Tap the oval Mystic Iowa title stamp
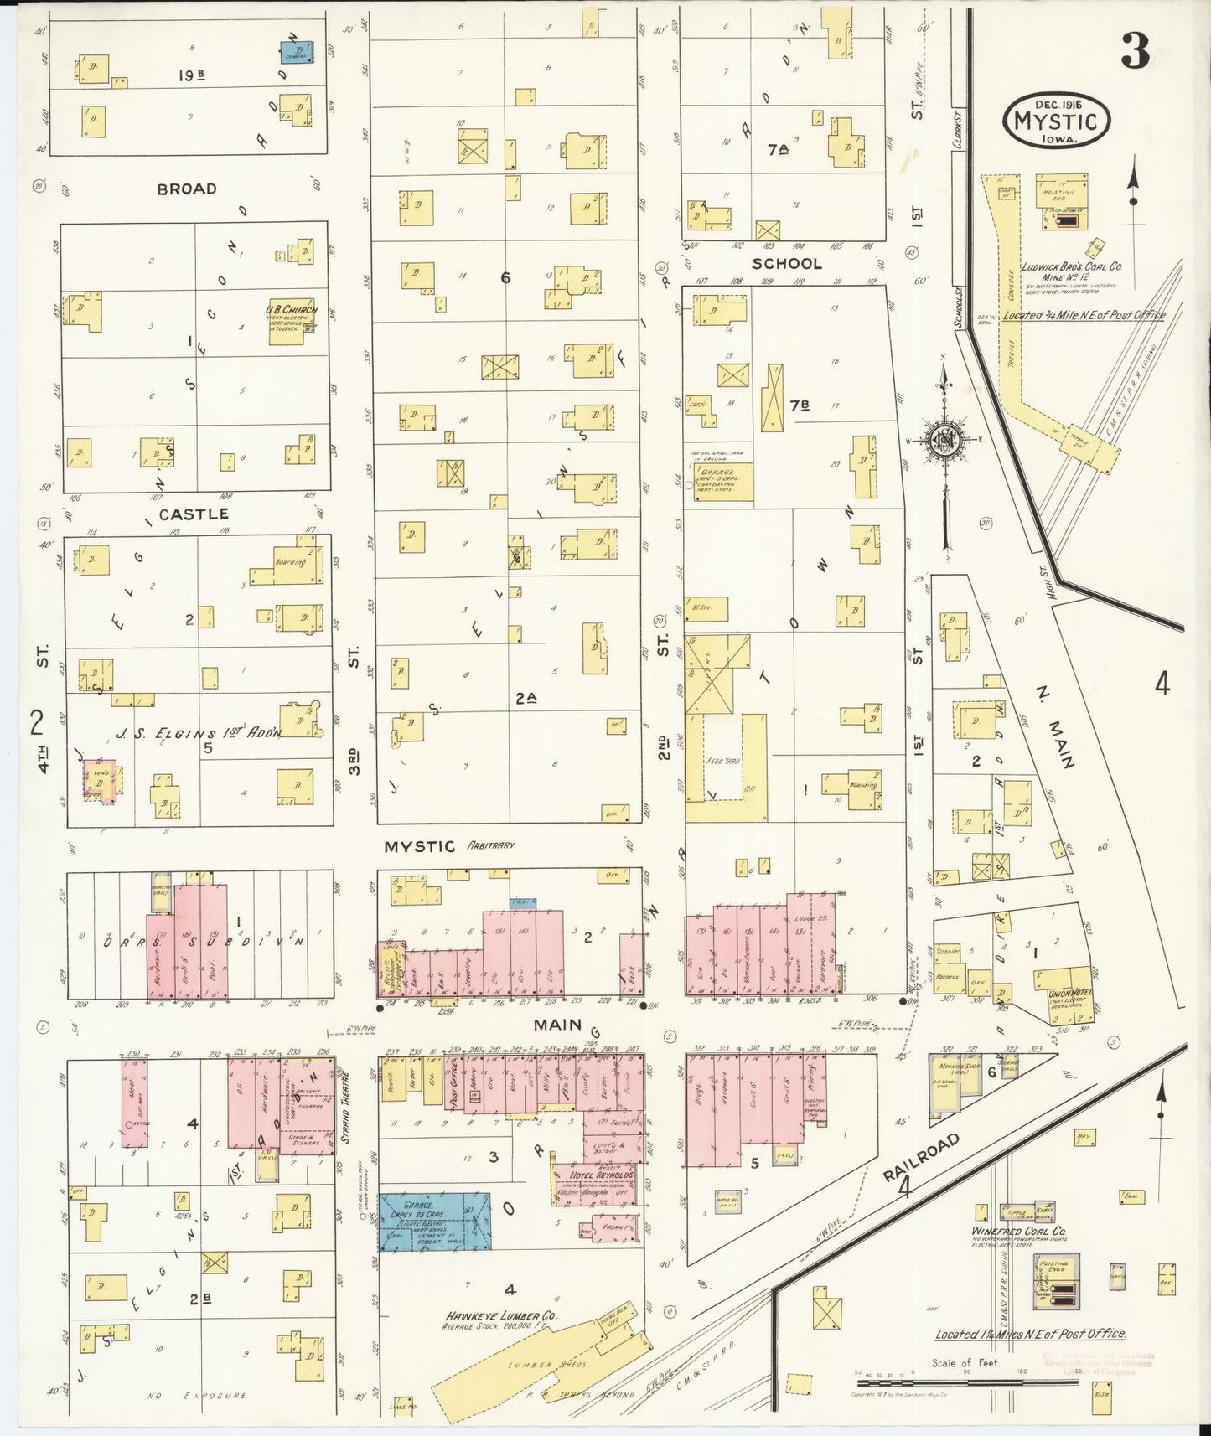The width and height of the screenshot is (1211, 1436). (x=1056, y=121)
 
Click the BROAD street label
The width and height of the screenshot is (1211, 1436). (x=187, y=189)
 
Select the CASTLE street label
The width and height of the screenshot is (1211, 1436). (x=194, y=514)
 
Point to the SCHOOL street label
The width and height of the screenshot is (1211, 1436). (x=786, y=264)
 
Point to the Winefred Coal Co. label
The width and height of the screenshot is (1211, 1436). (x=1018, y=1232)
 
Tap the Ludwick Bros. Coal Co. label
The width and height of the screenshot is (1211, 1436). (x=1071, y=267)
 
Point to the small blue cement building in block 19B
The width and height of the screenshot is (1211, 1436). (x=296, y=53)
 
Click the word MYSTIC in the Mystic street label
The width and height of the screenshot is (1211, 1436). (x=419, y=846)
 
